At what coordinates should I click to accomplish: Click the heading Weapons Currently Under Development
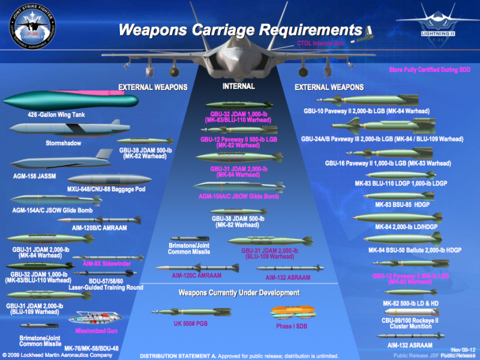point(239,293)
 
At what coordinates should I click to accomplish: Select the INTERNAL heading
point(239,86)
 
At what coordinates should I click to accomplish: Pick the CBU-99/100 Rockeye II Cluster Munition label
point(411,324)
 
